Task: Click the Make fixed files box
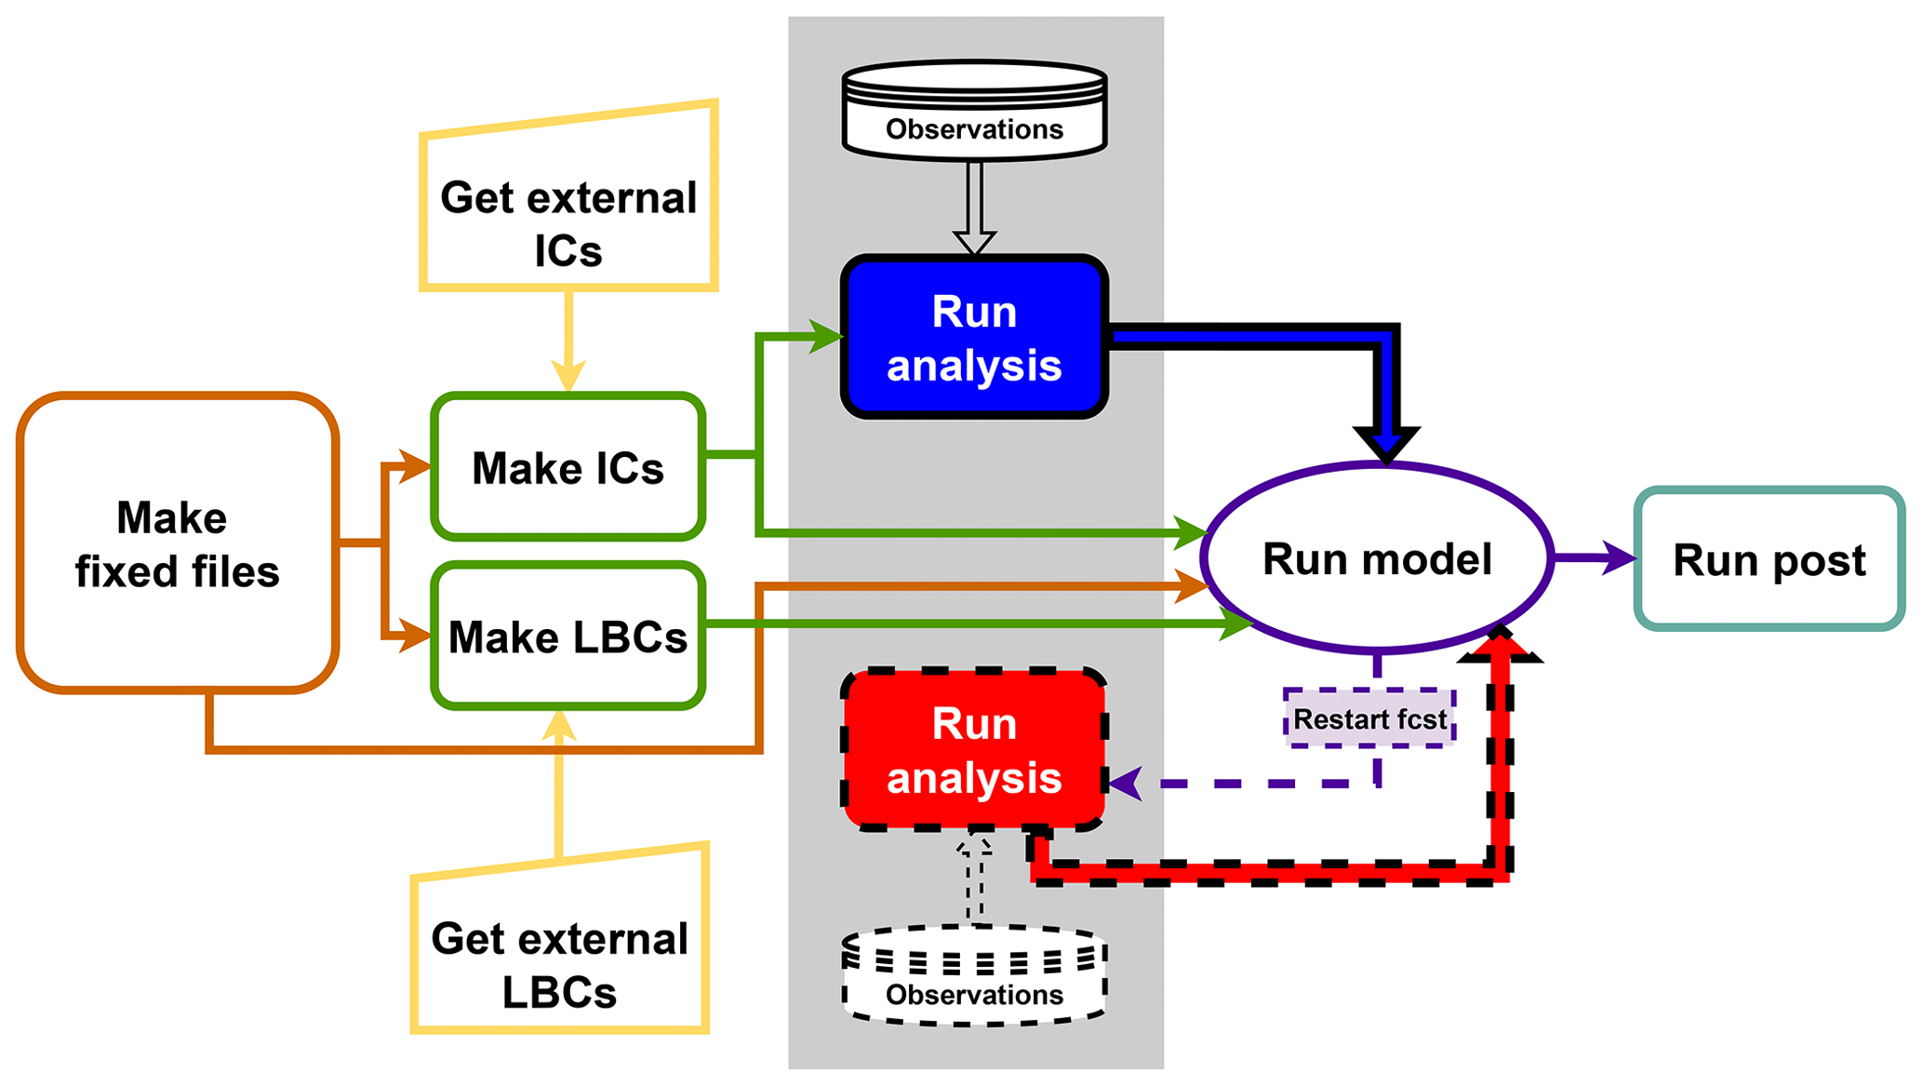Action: (177, 543)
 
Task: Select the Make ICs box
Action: (568, 467)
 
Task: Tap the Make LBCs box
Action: (568, 637)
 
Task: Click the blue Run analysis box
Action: (974, 337)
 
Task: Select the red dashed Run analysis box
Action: (974, 750)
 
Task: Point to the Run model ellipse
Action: (1377, 558)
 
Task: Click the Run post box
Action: (1769, 559)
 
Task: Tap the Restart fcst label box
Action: (1369, 718)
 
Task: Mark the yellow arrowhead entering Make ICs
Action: (568, 376)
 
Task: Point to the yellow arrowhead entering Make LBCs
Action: (559, 726)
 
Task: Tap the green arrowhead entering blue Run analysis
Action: (826, 336)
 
